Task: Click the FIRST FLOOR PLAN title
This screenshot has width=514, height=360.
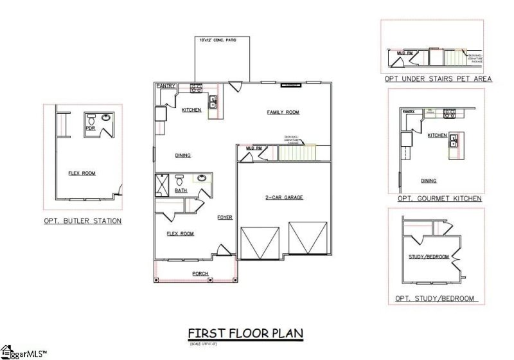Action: click(x=245, y=333)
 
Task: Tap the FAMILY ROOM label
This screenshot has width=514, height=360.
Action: click(x=283, y=113)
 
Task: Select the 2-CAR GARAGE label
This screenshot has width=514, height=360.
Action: click(x=283, y=197)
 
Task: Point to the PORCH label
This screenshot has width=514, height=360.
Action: click(x=200, y=273)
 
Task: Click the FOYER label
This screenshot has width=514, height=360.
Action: click(x=224, y=217)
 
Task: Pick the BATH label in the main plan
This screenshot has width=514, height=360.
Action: click(x=181, y=190)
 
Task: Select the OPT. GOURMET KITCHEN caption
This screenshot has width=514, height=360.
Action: click(x=439, y=199)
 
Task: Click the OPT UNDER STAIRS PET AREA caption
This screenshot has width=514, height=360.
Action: click(x=438, y=78)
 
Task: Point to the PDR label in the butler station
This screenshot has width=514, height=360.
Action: click(x=91, y=127)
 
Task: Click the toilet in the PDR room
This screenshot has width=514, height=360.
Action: click(x=91, y=119)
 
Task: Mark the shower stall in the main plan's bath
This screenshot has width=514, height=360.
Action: click(x=163, y=184)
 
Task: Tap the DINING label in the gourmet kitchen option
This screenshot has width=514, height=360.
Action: click(x=429, y=181)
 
